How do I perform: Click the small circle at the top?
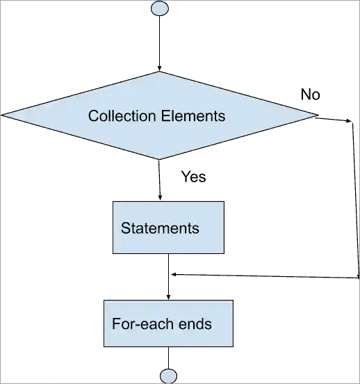(159, 8)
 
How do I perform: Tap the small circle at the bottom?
(168, 376)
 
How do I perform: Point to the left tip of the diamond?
(2, 114)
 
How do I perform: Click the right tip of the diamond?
(316, 114)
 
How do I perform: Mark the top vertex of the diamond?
(160, 72)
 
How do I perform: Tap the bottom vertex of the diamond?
(160, 159)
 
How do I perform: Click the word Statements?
(160, 228)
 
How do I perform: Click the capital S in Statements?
(125, 228)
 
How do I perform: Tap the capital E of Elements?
(165, 115)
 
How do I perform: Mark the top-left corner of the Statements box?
(112, 202)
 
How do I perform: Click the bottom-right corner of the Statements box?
(224, 254)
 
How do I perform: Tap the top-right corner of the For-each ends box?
(232, 301)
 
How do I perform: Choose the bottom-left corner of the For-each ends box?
(103, 346)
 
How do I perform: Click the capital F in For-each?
(116, 324)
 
